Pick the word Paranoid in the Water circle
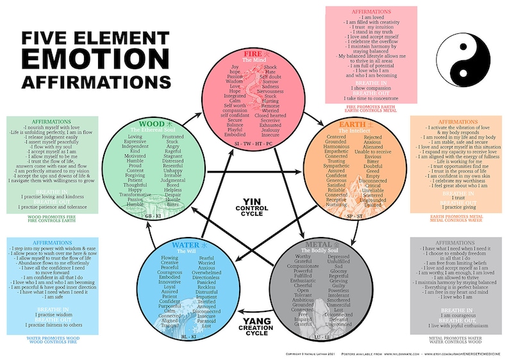click(x=206, y=320)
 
